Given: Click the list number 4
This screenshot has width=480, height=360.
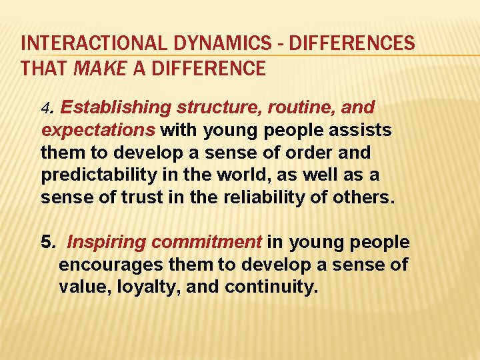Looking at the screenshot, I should coord(45,107).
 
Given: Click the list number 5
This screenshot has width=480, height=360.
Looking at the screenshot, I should coord(45,242).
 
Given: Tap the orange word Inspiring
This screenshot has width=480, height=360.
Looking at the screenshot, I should coord(106,242).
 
